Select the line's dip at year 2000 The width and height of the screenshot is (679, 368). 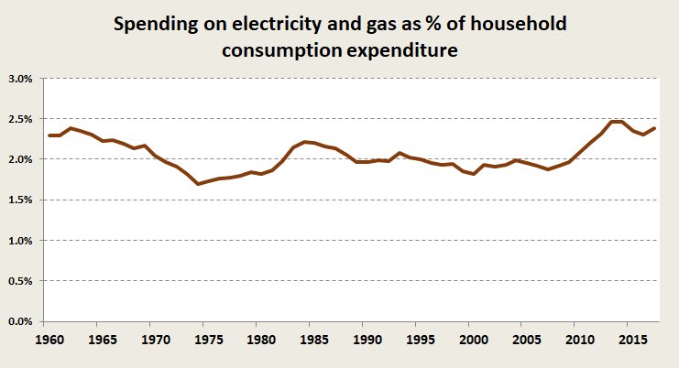coord(472,174)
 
